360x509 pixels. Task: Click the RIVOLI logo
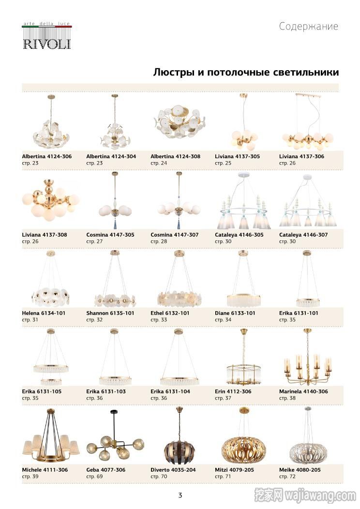[47, 36]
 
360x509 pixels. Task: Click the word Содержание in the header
[308, 26]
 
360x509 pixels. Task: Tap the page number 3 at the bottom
[180, 495]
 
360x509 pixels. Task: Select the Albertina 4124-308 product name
[175, 156]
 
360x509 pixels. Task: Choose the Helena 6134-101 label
[44, 313]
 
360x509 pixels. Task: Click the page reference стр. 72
[287, 477]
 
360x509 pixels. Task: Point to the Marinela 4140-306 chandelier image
[307, 358]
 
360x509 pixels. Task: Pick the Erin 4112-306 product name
[233, 391]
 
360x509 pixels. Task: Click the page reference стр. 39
[30, 477]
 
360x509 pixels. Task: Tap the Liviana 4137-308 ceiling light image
[50, 200]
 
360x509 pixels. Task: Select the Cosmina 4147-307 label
[174, 235]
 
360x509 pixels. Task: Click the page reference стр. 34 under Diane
[223, 320]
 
